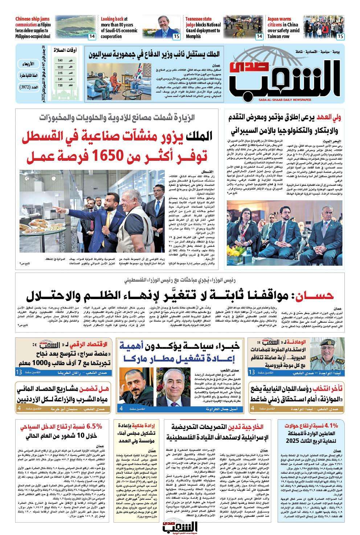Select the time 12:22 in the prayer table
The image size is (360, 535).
[60, 67]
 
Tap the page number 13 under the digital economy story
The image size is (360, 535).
[19, 372]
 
